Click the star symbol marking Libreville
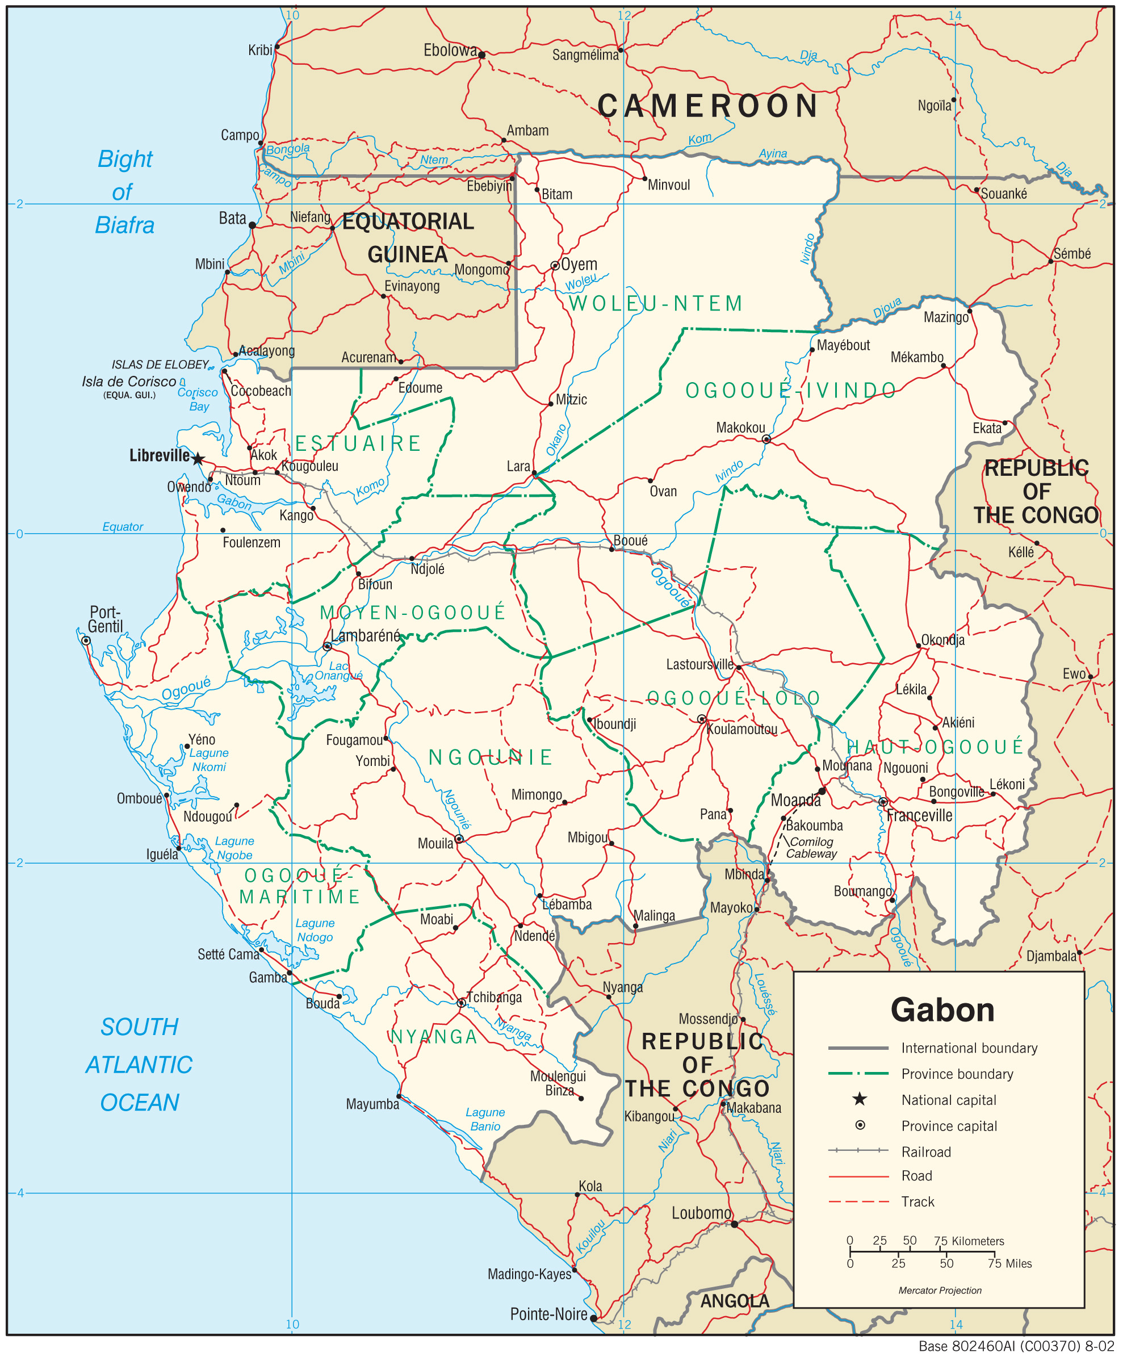[198, 459]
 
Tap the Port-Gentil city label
[106, 619]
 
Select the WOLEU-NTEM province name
[655, 304]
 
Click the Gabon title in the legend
[941, 1010]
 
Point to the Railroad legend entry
[925, 1151]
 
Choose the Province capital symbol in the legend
[860, 1125]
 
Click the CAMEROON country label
[708, 106]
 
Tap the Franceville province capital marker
[883, 801]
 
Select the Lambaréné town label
[366, 636]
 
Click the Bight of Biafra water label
[125, 192]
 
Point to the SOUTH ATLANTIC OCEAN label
[139, 1064]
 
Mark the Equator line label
[123, 527]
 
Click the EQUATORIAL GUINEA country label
[408, 238]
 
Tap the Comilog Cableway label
[812, 848]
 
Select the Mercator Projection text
[940, 1291]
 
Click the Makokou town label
[740, 428]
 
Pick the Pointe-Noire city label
[548, 1314]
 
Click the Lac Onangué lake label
[338, 671]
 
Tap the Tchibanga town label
[494, 997]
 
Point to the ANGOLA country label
[735, 1301]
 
